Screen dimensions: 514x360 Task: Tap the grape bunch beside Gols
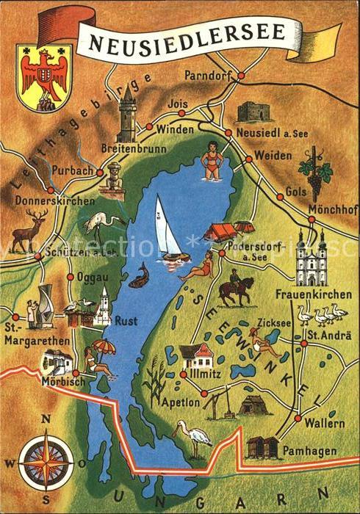tap(317, 174)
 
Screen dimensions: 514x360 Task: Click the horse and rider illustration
tap(236, 289)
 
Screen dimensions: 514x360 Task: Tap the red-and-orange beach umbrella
tap(103, 346)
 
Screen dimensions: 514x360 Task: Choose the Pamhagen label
tap(312, 449)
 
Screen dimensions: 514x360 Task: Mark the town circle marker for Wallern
tap(297, 418)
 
